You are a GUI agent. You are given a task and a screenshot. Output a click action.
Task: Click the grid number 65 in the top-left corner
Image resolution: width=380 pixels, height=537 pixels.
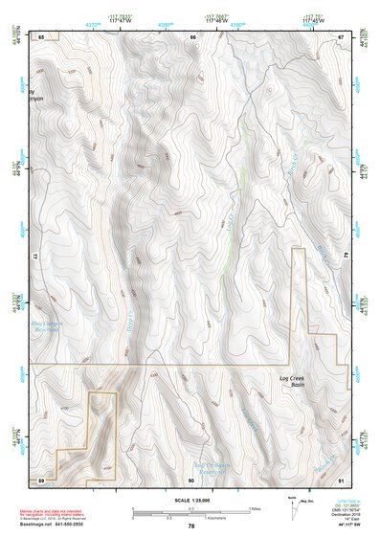coord(41,36)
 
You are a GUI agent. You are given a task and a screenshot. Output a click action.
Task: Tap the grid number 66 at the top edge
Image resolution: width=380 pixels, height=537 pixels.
coord(192,36)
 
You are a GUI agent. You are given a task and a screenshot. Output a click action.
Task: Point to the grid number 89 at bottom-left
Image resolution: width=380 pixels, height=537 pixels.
coord(41,478)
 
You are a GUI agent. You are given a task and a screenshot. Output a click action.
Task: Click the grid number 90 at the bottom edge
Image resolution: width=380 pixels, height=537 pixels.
coord(191,478)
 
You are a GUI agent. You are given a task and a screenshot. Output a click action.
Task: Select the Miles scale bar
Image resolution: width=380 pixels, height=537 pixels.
coord(191,508)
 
